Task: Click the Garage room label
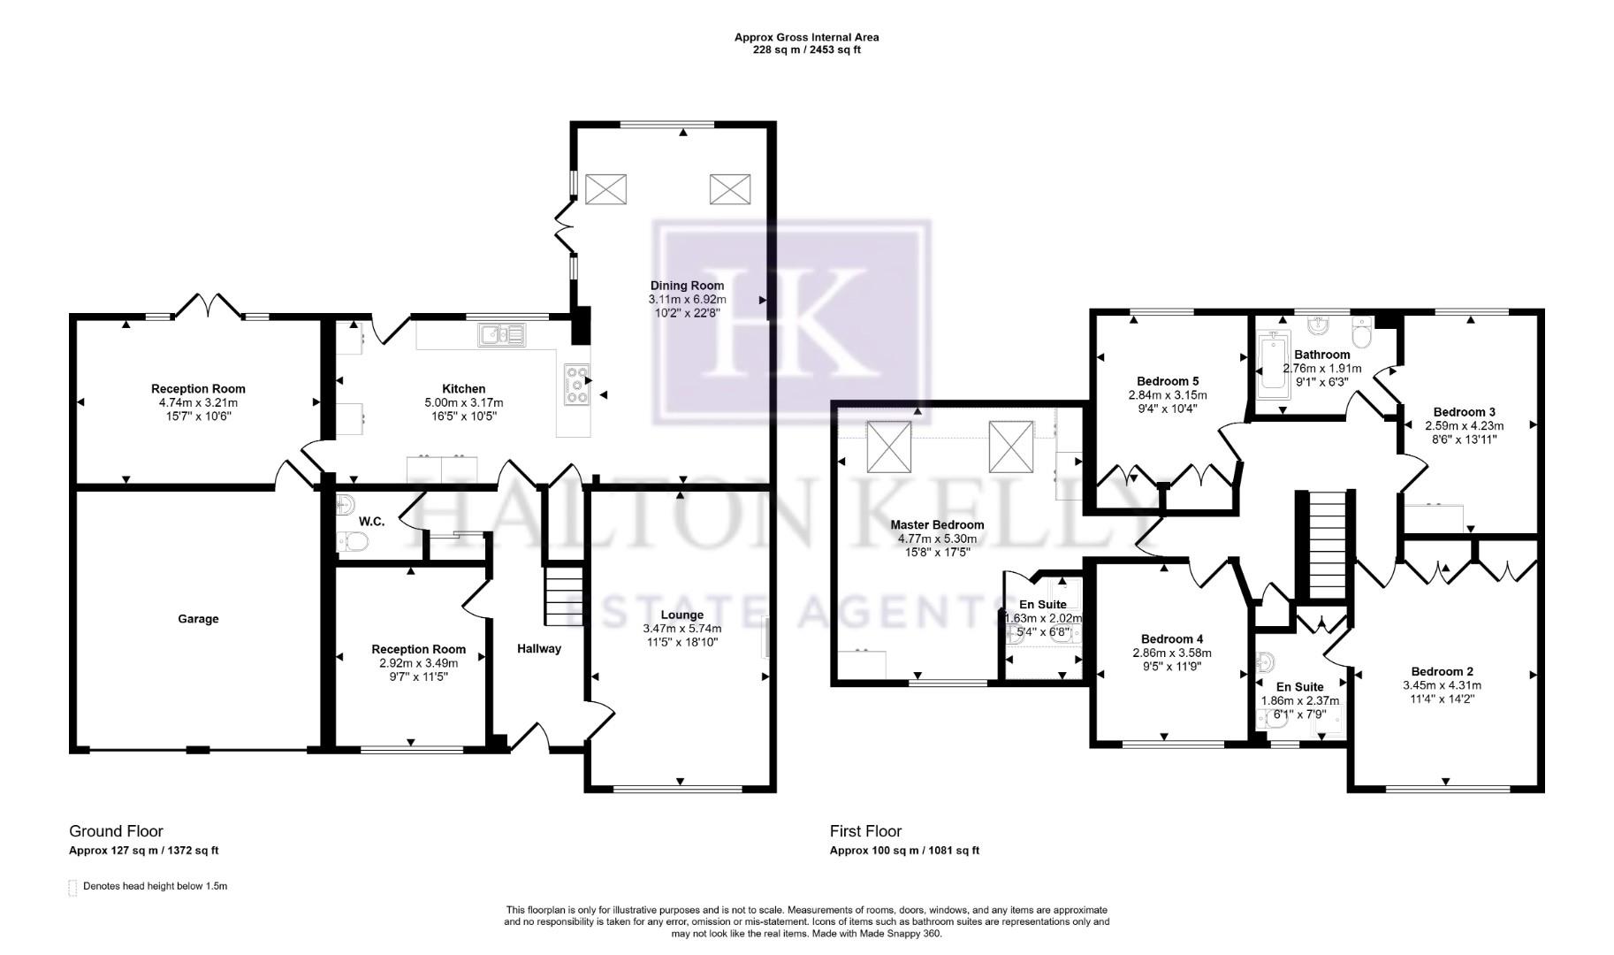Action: (x=198, y=619)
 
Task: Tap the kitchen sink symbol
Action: (x=501, y=333)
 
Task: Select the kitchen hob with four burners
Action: (x=576, y=385)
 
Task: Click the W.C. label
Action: (x=371, y=522)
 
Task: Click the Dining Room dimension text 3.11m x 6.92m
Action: (x=687, y=300)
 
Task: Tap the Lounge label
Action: (x=681, y=615)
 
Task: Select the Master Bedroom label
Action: (x=937, y=524)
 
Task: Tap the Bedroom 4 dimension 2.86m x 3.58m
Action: (x=1171, y=653)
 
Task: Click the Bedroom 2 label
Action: (x=1442, y=671)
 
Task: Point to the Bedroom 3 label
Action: (x=1464, y=411)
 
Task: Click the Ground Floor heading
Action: (x=116, y=831)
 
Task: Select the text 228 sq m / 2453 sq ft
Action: (x=806, y=50)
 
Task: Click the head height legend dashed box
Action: (x=72, y=888)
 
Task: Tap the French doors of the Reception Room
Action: (x=207, y=306)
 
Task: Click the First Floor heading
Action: (x=865, y=831)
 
